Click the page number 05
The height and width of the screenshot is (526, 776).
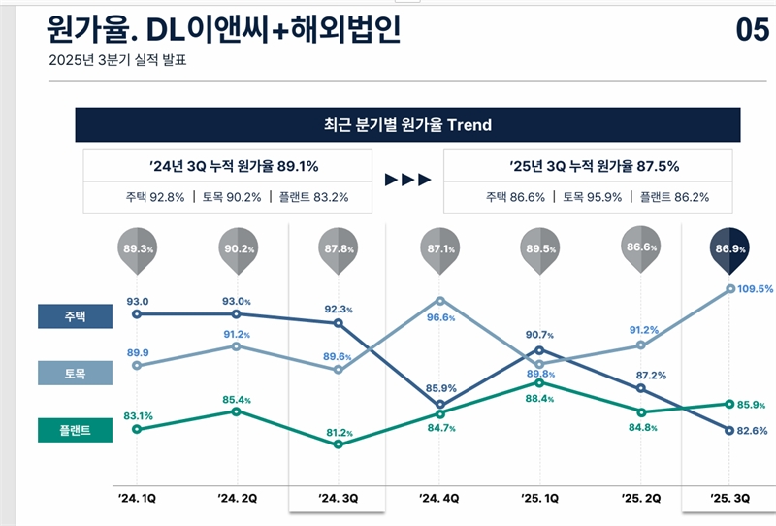752,30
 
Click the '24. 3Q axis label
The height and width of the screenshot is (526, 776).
338,498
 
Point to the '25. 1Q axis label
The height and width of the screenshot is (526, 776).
538,498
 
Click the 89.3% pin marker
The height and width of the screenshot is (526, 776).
137,249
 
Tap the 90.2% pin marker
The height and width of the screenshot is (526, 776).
238,249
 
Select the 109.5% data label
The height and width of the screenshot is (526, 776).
755,288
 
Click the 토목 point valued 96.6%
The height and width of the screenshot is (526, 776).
439,301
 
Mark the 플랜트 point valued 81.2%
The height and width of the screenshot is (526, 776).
338,444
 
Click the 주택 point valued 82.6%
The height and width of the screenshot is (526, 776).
729,430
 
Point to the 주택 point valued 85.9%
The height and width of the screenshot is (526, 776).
439,404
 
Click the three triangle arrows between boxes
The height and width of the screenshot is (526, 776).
406,180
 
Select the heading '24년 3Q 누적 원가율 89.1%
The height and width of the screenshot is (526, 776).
229,166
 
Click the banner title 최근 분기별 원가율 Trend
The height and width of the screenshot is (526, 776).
407,125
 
